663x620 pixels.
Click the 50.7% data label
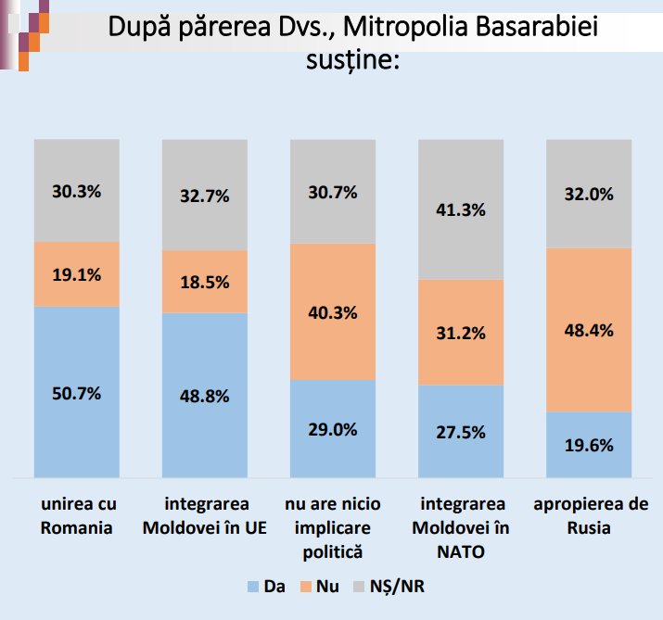coord(77,393)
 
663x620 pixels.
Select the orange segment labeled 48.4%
coord(589,330)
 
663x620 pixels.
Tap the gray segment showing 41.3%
coord(461,209)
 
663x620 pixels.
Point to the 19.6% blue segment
coord(589,445)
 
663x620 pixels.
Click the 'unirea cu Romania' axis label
coord(77,516)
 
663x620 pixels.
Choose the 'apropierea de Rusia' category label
coord(590,516)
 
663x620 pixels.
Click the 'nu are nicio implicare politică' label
coord(332,528)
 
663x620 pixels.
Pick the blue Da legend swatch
coord(251,586)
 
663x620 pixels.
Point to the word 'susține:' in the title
coord(351,61)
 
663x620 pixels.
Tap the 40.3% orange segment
coord(333,312)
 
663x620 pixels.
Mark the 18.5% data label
coord(205,282)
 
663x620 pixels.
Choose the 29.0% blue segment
coord(333,429)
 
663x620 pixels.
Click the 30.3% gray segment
coord(77,191)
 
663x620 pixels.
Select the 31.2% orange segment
coord(461,332)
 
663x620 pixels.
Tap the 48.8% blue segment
coord(205,395)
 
